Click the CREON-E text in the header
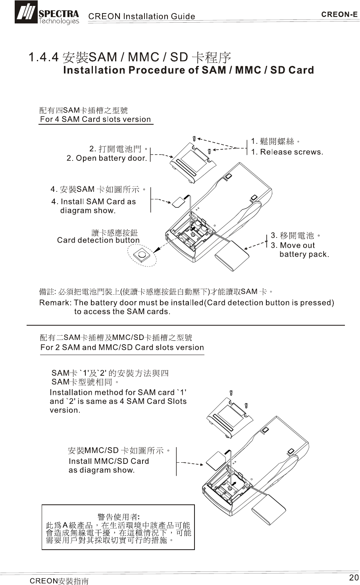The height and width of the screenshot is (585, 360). [339, 15]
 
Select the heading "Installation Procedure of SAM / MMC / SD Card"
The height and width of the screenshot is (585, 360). [189, 70]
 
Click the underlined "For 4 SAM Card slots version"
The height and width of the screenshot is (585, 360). [96, 119]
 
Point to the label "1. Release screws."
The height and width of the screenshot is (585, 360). [287, 152]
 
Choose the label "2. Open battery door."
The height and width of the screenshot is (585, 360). [107, 158]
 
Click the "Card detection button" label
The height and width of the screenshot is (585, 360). [98, 240]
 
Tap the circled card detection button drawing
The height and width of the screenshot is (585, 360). [142, 255]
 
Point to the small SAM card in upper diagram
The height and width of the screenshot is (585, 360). [179, 203]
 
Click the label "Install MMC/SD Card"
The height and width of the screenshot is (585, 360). [109, 461]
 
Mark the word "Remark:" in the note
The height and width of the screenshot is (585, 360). [55, 303]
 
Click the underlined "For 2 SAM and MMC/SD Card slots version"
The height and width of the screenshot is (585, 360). [122, 347]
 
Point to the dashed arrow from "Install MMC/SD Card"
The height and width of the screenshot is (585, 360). [191, 463]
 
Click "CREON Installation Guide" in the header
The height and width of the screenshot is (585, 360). [142, 16]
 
